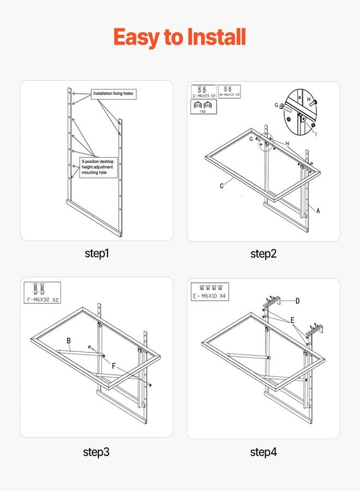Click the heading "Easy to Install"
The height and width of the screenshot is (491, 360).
[179, 38]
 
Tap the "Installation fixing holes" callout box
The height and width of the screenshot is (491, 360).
[112, 94]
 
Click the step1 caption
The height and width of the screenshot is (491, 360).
[98, 253]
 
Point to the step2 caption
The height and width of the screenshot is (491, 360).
[263, 253]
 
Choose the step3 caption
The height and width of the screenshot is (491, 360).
[98, 452]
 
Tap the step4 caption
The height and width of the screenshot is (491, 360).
[263, 452]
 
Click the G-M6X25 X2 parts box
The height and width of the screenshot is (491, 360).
[203, 91]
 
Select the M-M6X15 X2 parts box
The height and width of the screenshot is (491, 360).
[230, 91]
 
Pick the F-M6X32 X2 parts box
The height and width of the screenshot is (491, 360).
[43, 292]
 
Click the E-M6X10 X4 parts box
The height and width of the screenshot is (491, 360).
[210, 291]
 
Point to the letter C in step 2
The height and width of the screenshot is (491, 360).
[222, 186]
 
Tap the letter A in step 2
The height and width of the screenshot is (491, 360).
[318, 212]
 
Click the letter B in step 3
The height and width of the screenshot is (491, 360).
[69, 341]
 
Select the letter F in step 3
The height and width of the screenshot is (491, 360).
[114, 367]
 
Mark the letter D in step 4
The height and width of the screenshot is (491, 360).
[297, 301]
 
